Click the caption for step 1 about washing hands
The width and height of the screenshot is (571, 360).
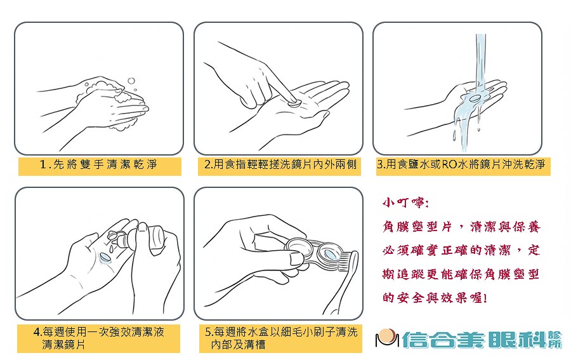tap(98, 165)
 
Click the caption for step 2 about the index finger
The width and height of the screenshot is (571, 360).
tap(280, 165)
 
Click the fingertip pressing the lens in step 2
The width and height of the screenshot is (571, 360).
tap(285, 95)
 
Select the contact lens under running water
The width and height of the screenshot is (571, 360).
tap(474, 99)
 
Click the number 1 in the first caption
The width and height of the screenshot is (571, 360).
tap(43, 165)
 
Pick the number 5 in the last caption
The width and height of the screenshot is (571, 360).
tap(208, 332)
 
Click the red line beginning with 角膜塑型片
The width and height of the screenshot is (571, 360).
tap(461, 227)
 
